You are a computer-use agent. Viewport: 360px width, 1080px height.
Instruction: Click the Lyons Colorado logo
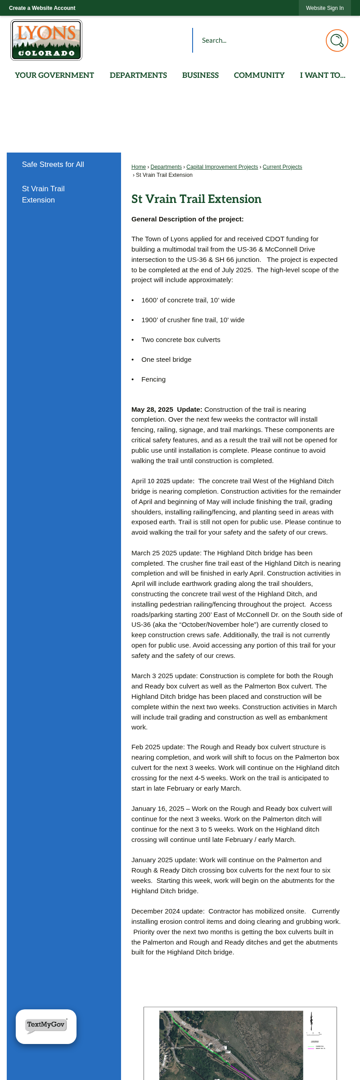point(46,40)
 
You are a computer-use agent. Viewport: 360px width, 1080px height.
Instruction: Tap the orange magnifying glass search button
point(337,40)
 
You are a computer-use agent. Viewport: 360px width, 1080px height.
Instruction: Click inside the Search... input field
point(256,40)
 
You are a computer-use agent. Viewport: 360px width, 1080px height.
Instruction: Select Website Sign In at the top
point(324,8)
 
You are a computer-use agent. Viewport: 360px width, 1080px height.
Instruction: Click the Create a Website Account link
point(42,8)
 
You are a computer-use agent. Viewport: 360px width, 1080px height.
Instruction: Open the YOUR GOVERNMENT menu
point(54,75)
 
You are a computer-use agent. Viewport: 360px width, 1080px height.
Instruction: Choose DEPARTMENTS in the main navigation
point(138,75)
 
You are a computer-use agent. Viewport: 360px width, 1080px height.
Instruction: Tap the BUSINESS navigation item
point(200,75)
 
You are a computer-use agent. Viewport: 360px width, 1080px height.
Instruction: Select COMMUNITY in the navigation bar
point(259,75)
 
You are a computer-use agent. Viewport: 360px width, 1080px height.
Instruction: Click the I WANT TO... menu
point(323,75)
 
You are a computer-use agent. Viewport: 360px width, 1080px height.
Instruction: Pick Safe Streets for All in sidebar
point(53,165)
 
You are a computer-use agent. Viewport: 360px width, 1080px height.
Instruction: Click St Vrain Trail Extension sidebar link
point(43,194)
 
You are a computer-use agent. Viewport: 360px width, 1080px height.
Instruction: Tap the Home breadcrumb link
point(139,167)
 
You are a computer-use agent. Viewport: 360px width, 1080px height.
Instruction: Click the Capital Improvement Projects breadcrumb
point(222,167)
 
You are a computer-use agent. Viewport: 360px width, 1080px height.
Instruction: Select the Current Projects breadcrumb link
point(282,167)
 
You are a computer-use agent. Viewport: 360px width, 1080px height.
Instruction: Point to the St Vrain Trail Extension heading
point(196,199)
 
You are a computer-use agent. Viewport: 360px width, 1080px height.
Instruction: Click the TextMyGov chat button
point(46,1026)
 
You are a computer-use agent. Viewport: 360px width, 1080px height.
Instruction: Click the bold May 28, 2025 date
point(152,409)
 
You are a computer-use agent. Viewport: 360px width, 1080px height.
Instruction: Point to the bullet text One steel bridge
point(166,360)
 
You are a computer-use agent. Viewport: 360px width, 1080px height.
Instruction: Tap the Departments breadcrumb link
point(166,167)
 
